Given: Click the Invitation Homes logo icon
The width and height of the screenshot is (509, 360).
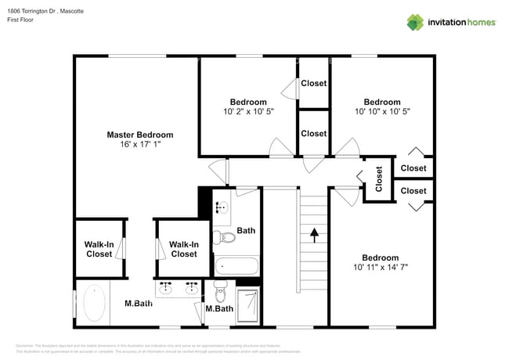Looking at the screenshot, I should point(414,23).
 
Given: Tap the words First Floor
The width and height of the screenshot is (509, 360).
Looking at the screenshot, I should point(23,21).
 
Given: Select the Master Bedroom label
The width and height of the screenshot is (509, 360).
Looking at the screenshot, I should point(139,135).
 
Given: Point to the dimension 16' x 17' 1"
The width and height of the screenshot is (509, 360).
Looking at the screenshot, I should point(139,145).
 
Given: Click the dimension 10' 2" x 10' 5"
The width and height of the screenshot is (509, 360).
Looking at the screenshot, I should point(247,112).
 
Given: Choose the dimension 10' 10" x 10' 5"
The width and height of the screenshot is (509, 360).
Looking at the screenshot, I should point(382,112).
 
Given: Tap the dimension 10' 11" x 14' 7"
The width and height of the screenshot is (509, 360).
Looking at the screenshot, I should point(380,268).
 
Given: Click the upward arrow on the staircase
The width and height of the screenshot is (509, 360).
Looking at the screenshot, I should point(314,234).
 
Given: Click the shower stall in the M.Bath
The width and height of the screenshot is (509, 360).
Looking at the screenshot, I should point(248,301).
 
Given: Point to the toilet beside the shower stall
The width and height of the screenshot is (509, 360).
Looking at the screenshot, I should point(221,294).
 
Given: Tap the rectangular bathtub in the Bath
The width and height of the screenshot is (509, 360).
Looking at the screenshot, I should point(236,265).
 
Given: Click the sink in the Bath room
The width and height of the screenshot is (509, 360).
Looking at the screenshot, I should point(222,208).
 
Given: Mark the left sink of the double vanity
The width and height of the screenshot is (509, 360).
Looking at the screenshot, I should point(166,289).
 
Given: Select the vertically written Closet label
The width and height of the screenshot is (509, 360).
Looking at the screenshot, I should point(379,179).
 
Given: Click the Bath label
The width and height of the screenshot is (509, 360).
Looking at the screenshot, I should point(246,231).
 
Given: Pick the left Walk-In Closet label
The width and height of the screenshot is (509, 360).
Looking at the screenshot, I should point(99,249).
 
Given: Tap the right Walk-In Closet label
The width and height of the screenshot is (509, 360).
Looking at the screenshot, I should point(183,249).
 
